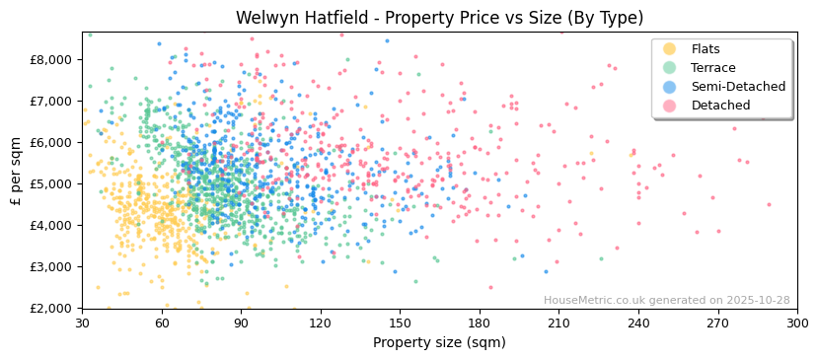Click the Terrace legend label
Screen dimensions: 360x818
click(x=712, y=68)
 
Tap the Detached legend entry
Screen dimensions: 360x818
click(x=719, y=106)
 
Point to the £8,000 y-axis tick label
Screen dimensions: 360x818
click(x=50, y=59)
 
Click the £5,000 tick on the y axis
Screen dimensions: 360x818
click(x=50, y=183)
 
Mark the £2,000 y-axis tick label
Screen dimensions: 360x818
click(x=50, y=308)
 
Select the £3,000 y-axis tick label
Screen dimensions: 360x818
click(x=50, y=266)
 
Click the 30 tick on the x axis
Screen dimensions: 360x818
click(x=82, y=324)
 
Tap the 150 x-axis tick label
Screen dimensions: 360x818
click(x=400, y=324)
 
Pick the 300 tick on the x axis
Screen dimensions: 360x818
click(x=797, y=324)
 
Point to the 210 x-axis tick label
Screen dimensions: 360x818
click(x=558, y=324)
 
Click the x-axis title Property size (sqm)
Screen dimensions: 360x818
click(x=439, y=343)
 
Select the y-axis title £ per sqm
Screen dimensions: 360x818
click(x=16, y=171)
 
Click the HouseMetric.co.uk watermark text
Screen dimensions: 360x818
click(x=666, y=300)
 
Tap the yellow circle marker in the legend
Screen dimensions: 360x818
click(x=669, y=49)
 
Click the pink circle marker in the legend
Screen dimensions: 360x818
click(x=669, y=106)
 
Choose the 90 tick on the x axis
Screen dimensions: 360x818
click(x=241, y=324)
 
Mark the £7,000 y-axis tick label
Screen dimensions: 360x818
click(x=50, y=101)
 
